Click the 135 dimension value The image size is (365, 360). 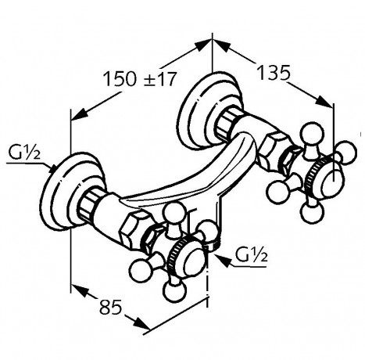pos(274,73)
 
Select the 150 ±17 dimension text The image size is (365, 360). pos(140,78)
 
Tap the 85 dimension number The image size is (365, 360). pos(111,307)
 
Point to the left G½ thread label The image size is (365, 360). pos(25,153)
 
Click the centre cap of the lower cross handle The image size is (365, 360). pos(194,262)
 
